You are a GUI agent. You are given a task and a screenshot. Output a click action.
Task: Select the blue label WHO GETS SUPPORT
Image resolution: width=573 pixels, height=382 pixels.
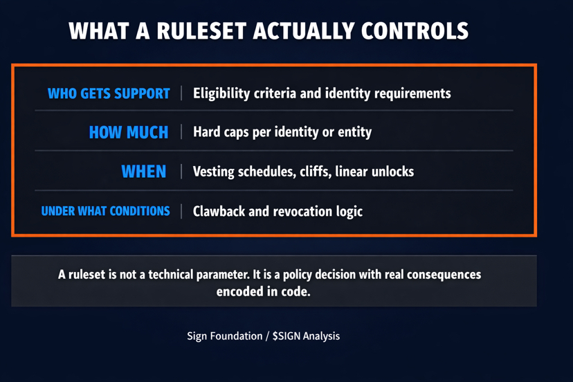pos(109,93)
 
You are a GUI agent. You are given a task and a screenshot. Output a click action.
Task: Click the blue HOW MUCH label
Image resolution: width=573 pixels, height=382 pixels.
pos(129,132)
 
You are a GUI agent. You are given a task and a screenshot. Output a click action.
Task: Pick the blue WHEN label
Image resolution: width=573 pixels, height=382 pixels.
pos(144,172)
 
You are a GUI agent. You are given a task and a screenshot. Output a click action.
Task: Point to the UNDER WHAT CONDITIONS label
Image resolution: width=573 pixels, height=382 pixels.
pos(105,211)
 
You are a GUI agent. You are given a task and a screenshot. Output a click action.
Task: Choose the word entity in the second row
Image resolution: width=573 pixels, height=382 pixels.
pos(354,132)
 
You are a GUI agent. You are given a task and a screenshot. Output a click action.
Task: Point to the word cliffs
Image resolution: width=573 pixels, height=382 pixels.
pos(311,172)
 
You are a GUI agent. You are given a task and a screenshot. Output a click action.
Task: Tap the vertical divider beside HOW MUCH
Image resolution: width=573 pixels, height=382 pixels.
pos(182,132)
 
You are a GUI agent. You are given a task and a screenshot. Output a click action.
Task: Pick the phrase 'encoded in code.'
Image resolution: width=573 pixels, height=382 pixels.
pos(263,292)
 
